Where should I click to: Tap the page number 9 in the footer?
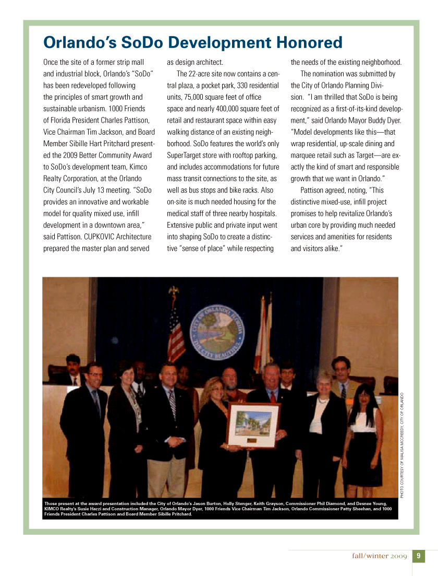419,556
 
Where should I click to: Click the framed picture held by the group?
253,425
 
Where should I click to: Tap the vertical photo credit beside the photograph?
402,444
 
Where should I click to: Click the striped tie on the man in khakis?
172,406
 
